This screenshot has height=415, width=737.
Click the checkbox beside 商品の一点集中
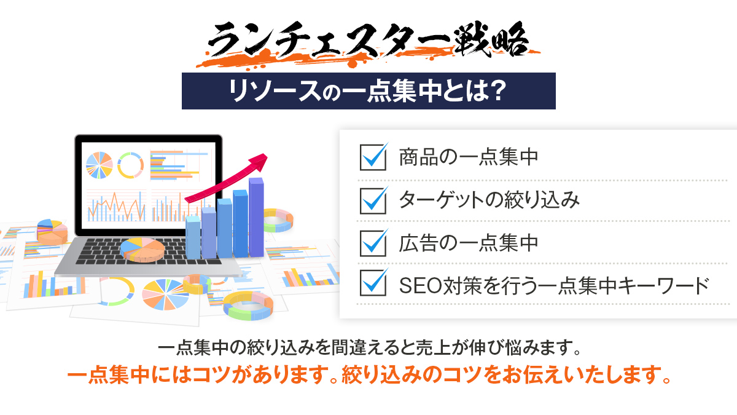click(373, 157)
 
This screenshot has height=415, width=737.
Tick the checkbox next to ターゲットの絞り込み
click(373, 201)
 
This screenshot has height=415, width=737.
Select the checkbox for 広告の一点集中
click(373, 243)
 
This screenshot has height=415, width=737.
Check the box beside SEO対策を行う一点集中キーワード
click(373, 283)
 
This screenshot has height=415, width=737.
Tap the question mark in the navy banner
click(496, 90)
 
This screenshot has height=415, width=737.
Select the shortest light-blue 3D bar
click(193, 237)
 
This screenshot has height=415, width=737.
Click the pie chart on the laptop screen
click(99, 165)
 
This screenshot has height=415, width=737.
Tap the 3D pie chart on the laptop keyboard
click(142, 250)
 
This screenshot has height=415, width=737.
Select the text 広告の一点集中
click(468, 243)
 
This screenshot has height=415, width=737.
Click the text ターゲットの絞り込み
click(489, 200)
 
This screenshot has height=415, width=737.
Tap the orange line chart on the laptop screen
click(117, 207)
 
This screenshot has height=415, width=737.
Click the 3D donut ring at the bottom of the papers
click(248, 306)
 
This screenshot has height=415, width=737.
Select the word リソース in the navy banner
click(275, 91)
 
